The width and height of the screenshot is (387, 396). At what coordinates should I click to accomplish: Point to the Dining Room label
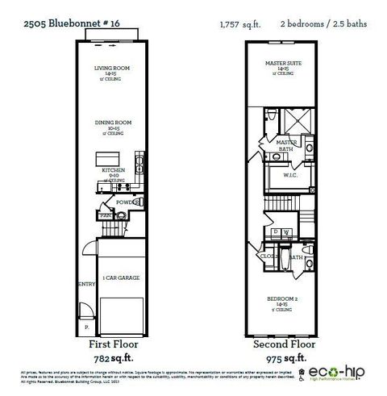pyautogui.click(x=112, y=123)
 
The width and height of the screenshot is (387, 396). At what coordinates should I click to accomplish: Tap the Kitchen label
pyautogui.click(x=112, y=171)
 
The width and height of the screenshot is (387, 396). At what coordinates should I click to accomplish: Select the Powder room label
pyautogui.click(x=126, y=202)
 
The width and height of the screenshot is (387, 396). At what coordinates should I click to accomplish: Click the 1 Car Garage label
pyautogui.click(x=121, y=277)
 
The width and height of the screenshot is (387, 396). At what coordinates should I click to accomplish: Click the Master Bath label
pyautogui.click(x=287, y=146)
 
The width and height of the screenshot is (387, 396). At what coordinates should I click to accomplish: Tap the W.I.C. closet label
pyautogui.click(x=292, y=175)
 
